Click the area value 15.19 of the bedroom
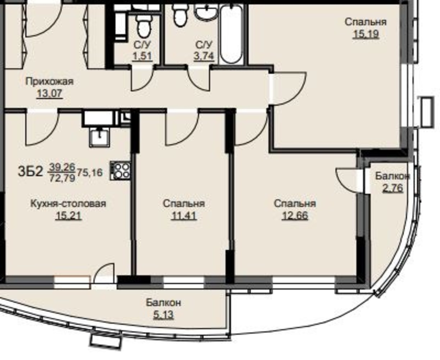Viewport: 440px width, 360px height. point(366,34)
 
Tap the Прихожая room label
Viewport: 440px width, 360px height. point(50,81)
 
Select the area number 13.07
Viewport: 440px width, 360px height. point(50,93)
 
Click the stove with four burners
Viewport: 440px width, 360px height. point(121,170)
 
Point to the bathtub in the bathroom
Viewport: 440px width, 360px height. point(232,35)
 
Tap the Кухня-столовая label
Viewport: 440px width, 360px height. point(68,204)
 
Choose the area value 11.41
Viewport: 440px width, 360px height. point(183,216)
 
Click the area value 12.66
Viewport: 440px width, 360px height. point(295,216)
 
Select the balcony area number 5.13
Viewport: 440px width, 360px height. point(163,315)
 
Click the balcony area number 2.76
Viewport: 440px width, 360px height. point(393,188)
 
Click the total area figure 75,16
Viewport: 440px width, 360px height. point(90,173)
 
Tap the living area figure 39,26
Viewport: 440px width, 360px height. point(62,167)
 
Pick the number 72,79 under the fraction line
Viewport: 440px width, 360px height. point(62,178)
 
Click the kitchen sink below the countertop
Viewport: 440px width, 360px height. point(100,137)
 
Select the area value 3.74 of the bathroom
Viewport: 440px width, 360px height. point(204,56)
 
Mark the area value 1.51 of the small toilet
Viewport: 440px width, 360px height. point(142,56)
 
